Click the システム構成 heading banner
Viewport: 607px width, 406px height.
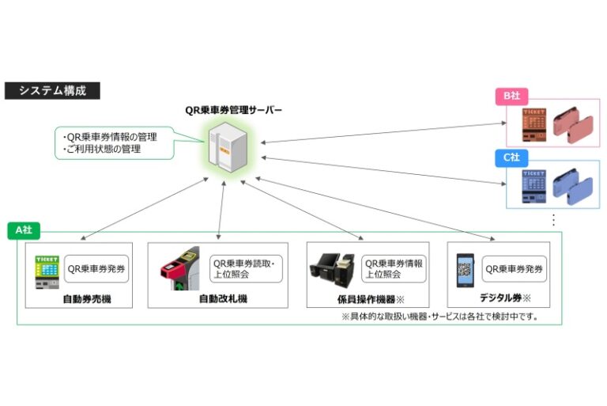click(53, 90)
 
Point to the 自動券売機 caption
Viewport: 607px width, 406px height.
click(87, 299)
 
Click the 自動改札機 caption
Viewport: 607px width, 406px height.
click(223, 299)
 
